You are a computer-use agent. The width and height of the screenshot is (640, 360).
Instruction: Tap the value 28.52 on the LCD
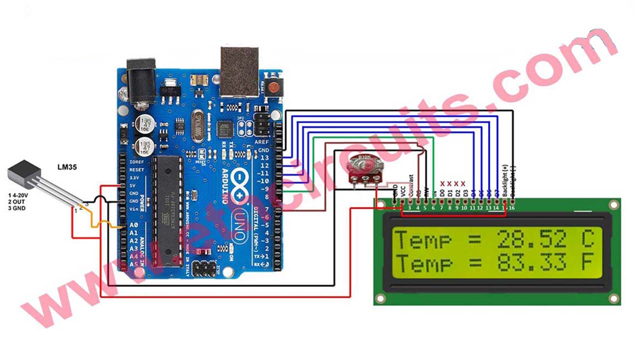click(x=532, y=240)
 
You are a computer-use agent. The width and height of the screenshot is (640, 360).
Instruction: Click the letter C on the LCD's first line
click(x=587, y=240)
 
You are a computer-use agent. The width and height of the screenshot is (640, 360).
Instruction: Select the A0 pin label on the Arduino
click(x=133, y=225)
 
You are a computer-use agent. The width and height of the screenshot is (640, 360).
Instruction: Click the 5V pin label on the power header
click(x=133, y=185)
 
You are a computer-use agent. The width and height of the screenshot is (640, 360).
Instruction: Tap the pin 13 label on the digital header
click(x=265, y=157)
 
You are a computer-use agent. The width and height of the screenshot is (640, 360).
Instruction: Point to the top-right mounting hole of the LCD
click(x=613, y=205)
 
